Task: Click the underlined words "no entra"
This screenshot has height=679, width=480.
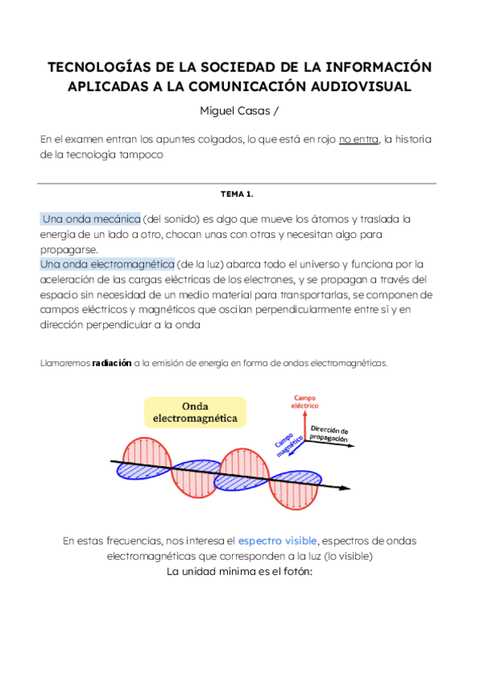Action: point(358,139)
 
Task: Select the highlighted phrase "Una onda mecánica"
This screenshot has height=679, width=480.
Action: point(90,219)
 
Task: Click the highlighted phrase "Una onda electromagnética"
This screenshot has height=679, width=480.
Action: point(106,263)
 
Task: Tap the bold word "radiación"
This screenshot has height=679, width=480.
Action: point(112,363)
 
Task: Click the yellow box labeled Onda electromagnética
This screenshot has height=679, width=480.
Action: point(195,412)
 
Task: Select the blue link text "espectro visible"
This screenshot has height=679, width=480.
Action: point(278,540)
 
